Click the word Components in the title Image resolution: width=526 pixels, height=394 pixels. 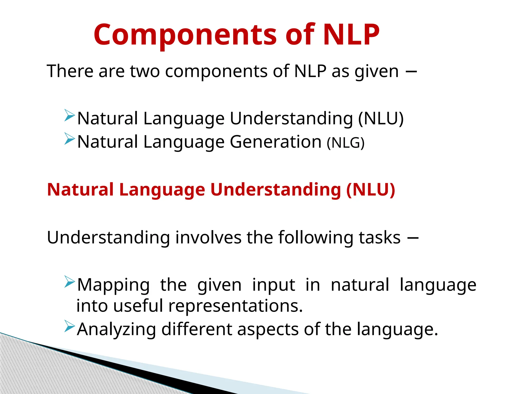(185, 35)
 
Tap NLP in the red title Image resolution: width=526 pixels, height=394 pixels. (351, 35)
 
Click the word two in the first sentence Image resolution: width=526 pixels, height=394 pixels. (145, 71)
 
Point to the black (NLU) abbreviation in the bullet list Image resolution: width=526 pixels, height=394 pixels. (381, 119)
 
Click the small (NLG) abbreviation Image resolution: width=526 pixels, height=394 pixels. (345, 143)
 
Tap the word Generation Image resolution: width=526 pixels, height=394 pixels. (276, 142)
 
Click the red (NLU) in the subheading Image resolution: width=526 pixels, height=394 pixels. (370, 190)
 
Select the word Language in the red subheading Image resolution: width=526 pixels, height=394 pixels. (162, 190)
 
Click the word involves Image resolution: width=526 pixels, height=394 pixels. (208, 237)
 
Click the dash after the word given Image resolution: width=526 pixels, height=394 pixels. (411, 72)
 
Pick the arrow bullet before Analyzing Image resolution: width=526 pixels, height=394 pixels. (69, 326)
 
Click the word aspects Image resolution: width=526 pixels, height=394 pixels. (268, 329)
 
